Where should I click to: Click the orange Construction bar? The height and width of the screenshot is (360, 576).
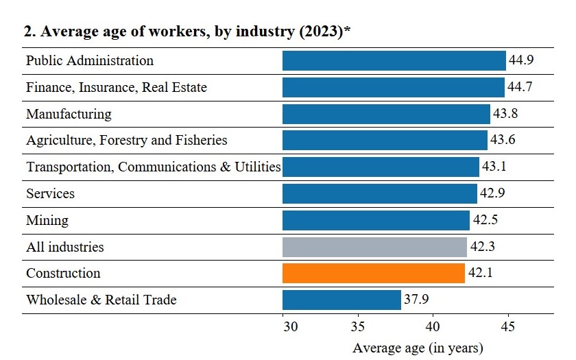tap(373, 273)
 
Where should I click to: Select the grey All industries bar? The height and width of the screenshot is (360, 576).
tap(374, 246)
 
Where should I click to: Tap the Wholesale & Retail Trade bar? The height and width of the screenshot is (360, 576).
tap(341, 300)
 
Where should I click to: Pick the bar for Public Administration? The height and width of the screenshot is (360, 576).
tap(394, 60)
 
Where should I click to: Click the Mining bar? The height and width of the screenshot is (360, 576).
tap(376, 220)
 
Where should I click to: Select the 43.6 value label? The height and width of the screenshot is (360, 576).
tap(503, 140)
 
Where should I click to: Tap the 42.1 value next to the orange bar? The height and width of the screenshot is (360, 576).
tap(480, 273)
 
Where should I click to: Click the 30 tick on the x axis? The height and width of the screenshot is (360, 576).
tap(291, 326)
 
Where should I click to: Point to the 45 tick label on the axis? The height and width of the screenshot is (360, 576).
tap(508, 326)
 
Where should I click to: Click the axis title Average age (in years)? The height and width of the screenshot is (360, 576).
tap(418, 348)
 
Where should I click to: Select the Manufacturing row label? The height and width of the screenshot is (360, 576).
tap(69, 114)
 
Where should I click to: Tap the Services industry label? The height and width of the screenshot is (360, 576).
tap(50, 193)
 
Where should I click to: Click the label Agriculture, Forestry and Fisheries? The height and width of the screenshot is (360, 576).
tap(126, 140)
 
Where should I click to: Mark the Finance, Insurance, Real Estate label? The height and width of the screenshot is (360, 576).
tap(116, 87)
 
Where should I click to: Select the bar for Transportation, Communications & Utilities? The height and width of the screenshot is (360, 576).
tap(381, 167)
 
